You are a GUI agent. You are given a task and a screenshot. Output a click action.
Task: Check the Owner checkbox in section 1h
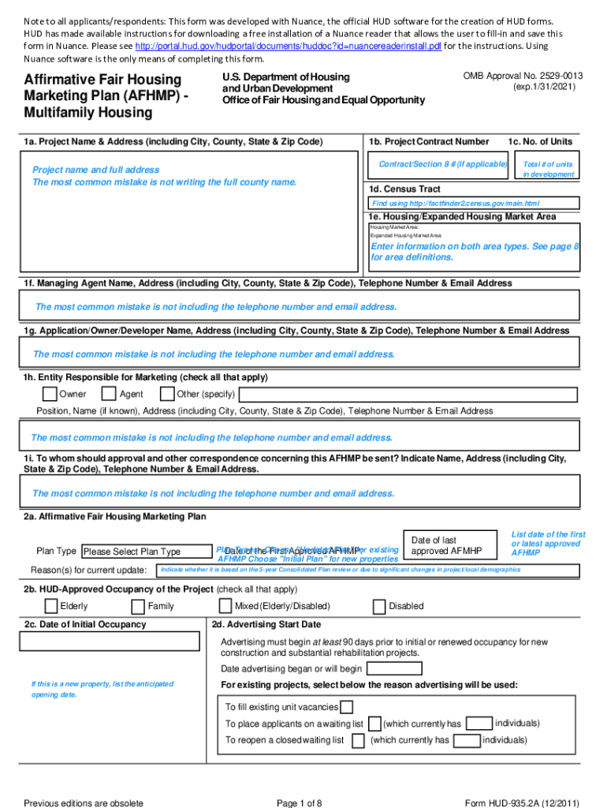pos(50,394)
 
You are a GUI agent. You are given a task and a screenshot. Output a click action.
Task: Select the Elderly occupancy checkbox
pos(50,606)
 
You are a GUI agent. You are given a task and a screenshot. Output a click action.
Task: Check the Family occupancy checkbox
pos(139,606)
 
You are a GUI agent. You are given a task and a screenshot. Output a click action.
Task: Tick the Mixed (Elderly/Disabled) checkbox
pos(225,606)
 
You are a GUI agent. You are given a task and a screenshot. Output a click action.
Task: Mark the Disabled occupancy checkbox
pos(379,606)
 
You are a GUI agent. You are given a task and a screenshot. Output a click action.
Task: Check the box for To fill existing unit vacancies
pos(346,707)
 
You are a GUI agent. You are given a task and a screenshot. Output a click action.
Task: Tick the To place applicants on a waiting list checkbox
pos(372,724)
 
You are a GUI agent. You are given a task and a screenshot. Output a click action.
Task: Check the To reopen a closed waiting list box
pos(358,740)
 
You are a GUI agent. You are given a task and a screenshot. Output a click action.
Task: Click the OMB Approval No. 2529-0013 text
pos(523,76)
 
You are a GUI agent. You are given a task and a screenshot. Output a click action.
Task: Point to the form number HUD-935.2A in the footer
pos(522,803)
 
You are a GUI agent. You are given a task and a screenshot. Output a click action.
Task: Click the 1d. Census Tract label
pos(404,189)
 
